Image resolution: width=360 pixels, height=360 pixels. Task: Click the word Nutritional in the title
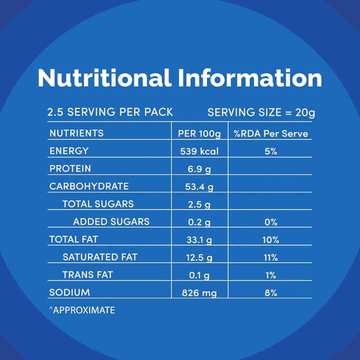(105, 78)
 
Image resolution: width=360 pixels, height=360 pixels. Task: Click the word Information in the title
(250, 78)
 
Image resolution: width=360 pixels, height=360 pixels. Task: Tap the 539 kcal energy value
(199, 151)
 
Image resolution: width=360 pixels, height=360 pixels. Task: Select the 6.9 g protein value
(199, 169)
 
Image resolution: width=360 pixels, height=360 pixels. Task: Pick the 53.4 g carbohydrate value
(199, 187)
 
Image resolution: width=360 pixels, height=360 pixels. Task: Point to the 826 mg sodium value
(199, 293)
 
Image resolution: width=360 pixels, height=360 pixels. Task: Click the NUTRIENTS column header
(77, 133)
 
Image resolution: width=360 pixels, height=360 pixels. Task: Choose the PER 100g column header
(200, 134)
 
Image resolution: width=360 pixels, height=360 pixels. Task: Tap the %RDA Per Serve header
(270, 134)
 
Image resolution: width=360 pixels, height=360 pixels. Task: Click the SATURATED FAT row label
(100, 257)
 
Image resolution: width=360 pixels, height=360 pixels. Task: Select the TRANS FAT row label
(88, 275)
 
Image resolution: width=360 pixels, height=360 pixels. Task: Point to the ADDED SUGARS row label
(111, 221)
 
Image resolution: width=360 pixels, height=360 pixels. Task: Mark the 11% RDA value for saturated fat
(270, 258)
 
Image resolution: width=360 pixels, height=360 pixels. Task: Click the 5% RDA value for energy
(270, 151)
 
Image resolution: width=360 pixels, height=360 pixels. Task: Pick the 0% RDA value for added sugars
(270, 222)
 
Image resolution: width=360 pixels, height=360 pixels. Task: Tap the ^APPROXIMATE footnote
(82, 310)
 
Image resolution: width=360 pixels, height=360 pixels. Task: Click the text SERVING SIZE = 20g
(261, 113)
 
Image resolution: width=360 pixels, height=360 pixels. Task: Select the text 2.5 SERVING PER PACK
(110, 112)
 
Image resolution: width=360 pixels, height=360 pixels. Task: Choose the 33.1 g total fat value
(199, 240)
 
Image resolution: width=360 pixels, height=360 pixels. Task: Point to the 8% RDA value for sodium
(270, 293)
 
